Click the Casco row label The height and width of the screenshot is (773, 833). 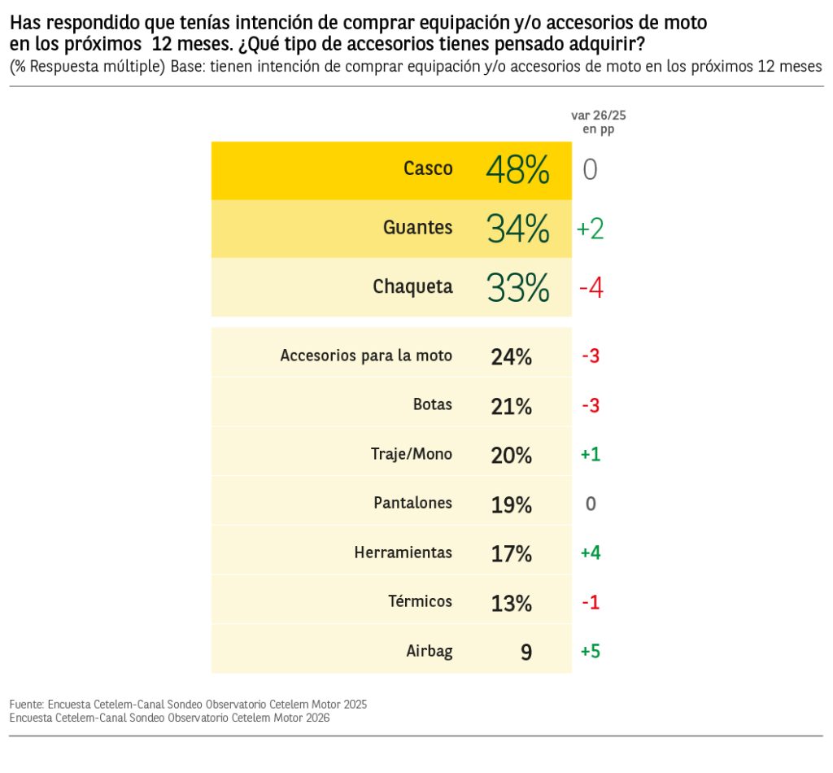tap(428, 168)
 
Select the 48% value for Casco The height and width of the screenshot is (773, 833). tap(517, 170)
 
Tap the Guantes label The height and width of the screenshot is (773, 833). tap(417, 228)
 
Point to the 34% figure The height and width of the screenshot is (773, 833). tap(517, 229)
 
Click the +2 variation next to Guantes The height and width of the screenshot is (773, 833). tap(590, 229)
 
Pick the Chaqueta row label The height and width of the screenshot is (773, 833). tap(412, 287)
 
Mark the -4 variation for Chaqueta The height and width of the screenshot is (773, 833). tap(591, 289)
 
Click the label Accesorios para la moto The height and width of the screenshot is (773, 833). tap(366, 356)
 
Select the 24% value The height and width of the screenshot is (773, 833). tap(511, 356)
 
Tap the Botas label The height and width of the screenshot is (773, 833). tap(433, 404)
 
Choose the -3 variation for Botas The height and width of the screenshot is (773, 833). tap(591, 405)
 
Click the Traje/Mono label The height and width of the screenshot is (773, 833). tap(412, 454)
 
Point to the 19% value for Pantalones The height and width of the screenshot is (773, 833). tap(511, 504)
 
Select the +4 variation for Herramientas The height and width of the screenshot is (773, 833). tap(591, 553)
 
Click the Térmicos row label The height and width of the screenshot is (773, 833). tap(420, 601)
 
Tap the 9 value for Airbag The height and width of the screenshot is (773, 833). tap(526, 652)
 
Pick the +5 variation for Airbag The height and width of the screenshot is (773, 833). tap(591, 652)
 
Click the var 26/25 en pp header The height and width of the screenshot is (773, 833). tap(598, 122)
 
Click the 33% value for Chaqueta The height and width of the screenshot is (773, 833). tap(517, 288)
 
